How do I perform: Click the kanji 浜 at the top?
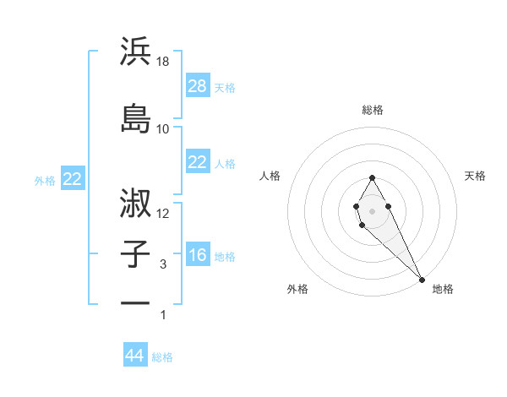[135, 52]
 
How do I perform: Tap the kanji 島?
[135, 118]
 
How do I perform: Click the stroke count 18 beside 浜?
[164, 63]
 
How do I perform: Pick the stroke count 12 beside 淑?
[164, 214]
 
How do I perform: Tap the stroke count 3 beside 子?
[164, 264]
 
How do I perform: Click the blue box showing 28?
[198, 85]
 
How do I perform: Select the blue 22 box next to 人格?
[198, 162]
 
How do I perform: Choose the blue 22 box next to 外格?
[73, 179]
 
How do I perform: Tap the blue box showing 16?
[198, 255]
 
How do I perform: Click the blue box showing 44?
[135, 356]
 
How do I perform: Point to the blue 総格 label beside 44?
[162, 357]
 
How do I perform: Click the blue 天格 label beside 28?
[225, 87]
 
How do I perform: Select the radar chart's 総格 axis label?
[373, 110]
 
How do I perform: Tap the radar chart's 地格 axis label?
[443, 289]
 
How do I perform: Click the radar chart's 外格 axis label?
[297, 289]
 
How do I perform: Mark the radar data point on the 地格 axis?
[422, 280]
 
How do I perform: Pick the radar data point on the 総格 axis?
[373, 177]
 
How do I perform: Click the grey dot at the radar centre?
[373, 210]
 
